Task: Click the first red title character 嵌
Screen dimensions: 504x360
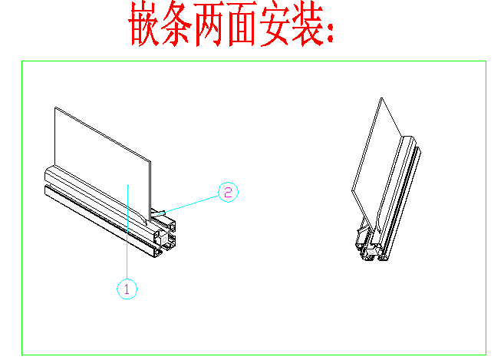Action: (x=144, y=24)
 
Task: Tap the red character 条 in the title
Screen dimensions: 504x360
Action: (x=176, y=24)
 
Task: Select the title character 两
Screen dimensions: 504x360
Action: (x=209, y=24)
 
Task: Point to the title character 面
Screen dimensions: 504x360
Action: (x=242, y=24)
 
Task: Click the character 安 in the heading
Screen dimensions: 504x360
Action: (x=275, y=24)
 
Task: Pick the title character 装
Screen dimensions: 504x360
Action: (x=308, y=24)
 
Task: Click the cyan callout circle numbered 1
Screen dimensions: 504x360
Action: (x=127, y=289)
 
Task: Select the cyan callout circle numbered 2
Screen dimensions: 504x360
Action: (x=228, y=192)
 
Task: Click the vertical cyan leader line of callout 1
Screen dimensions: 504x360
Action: (x=127, y=233)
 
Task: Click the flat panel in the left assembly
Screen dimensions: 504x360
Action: (x=103, y=161)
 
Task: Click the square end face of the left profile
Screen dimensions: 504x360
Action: (x=165, y=239)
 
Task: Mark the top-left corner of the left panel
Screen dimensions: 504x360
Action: (x=54, y=107)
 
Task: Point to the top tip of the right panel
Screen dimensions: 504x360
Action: (x=381, y=97)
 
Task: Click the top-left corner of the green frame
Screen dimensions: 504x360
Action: (x=21, y=61)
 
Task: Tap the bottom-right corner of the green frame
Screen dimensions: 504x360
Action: (x=486, y=355)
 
